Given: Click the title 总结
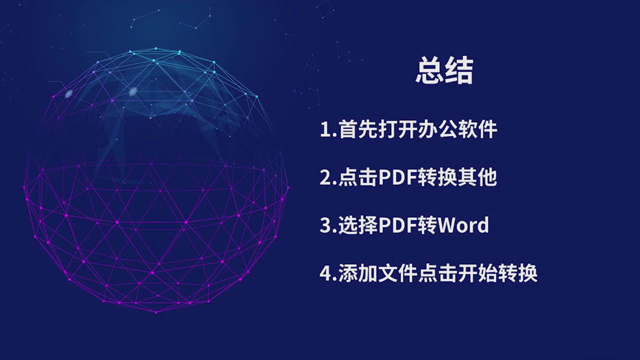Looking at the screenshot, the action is point(444,70).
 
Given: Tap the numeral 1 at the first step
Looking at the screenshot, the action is point(325,129).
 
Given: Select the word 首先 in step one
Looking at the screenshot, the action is point(358,129).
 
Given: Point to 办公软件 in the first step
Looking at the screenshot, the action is point(457,129).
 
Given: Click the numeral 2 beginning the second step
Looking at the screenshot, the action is point(325,177).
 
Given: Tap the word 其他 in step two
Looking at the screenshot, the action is point(477,177).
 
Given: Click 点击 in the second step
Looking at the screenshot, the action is point(358,177).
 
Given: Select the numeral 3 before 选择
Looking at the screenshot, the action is point(325,225).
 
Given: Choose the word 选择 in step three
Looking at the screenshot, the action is point(358,225).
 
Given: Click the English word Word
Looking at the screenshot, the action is point(463,225).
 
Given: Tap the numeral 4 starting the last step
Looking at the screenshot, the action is point(325,273).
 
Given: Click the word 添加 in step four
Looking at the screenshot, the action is point(358,273).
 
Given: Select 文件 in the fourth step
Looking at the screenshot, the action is point(398,273).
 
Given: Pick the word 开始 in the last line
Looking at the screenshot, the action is point(477,273).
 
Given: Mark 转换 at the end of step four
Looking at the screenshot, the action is point(517,273).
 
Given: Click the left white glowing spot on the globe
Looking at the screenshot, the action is point(69,93).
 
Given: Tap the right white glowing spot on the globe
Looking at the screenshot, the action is point(133,91).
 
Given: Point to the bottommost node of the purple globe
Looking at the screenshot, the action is point(156,312).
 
